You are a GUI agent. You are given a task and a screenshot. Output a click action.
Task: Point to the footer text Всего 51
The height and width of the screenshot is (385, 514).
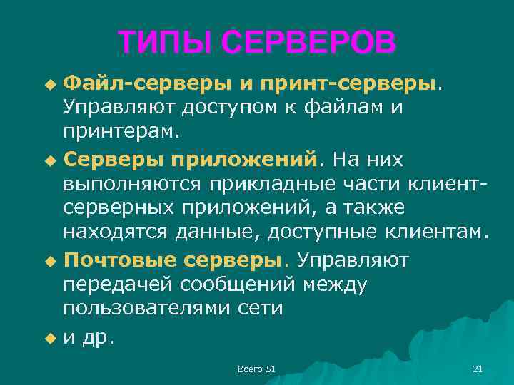256,369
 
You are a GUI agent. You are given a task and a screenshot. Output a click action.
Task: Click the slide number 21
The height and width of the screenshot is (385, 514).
478,369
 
